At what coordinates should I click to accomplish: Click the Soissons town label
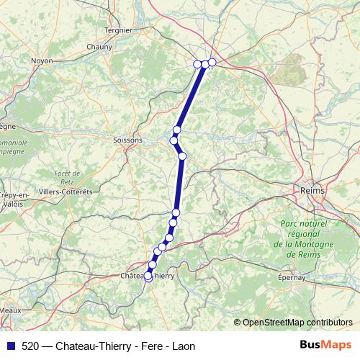pos(128,140)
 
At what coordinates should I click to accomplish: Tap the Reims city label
pos(312,190)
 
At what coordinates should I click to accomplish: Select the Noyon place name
pos(42,61)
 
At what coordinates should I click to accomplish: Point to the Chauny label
pos(99,47)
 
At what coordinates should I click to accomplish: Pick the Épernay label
pos(292,276)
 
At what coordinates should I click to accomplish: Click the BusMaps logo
pos(327,345)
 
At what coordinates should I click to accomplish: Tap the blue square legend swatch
pos(10,346)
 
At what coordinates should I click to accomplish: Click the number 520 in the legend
pos(31,346)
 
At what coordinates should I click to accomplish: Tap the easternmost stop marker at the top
pos(212,62)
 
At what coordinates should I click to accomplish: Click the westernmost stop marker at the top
pos(198,64)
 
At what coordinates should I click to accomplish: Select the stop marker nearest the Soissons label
pos(174,140)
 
